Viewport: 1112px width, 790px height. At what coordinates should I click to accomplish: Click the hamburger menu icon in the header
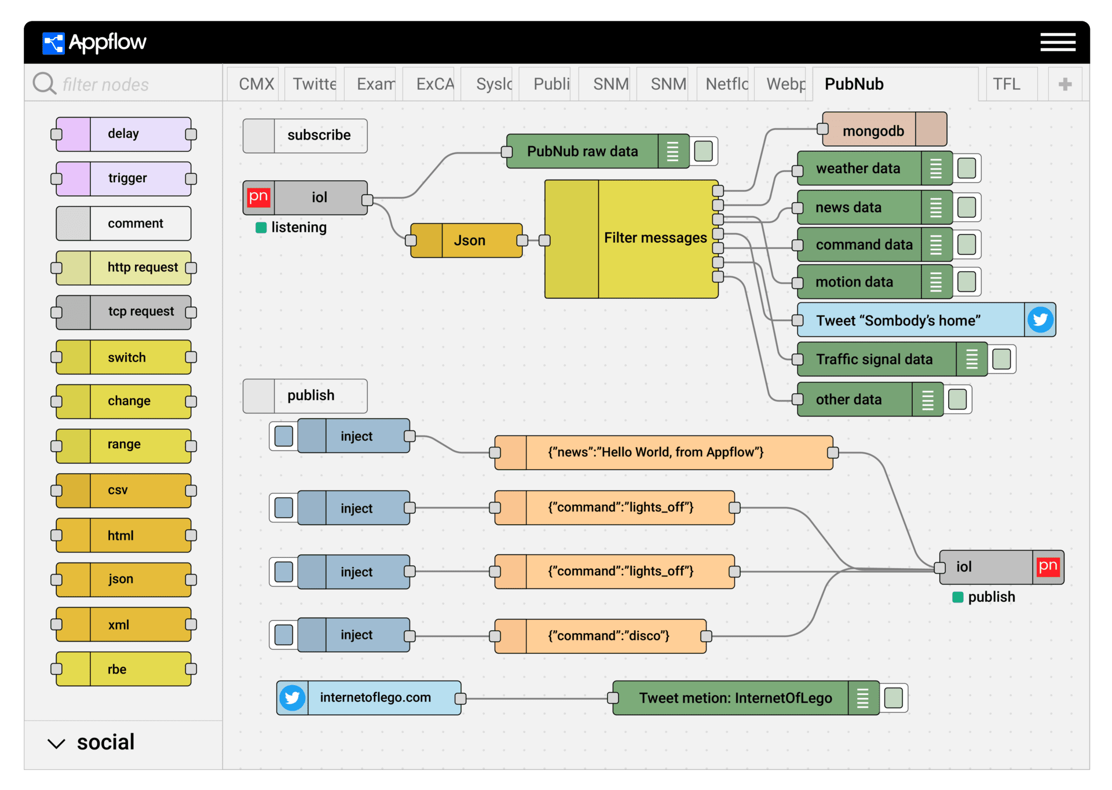1058,42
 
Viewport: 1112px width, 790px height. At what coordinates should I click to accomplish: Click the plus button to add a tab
1065,85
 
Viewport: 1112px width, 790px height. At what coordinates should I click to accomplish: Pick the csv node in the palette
123,491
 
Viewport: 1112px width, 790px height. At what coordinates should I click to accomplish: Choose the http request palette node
123,268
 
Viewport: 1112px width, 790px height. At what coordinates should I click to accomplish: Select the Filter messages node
631,239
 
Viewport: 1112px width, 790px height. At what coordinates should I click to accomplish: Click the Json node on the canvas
466,240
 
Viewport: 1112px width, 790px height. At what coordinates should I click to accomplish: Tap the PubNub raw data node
598,151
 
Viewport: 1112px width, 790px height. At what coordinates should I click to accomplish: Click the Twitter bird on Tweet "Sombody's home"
1040,320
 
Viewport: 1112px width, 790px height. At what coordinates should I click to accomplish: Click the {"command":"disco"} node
601,636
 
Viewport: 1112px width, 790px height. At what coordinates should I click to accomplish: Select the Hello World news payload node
664,452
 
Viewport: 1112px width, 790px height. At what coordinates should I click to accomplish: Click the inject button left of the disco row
284,635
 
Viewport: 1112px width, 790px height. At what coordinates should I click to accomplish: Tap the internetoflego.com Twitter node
369,698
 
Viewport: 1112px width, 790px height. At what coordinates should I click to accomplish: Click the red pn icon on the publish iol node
1048,567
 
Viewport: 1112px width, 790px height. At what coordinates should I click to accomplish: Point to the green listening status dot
261,228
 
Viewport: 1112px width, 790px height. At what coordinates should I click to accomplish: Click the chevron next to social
56,744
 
